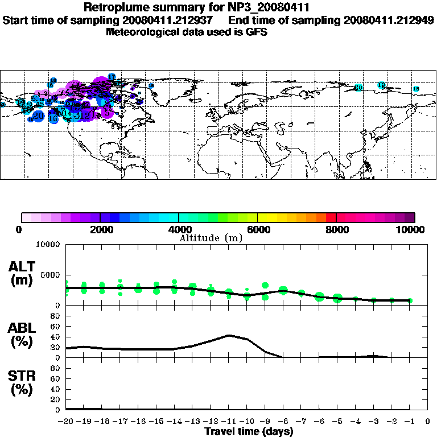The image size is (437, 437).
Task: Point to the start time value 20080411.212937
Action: click(x=174, y=20)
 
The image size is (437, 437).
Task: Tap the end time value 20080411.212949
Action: click(x=389, y=20)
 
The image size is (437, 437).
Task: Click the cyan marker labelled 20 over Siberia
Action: click(x=358, y=87)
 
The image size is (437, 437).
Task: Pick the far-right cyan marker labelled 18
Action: click(x=416, y=89)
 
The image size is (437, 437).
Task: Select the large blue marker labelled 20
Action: click(x=38, y=116)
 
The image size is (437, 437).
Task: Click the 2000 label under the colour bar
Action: click(x=100, y=230)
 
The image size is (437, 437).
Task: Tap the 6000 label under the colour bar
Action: click(x=258, y=230)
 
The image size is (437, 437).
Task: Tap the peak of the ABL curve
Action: click(x=229, y=335)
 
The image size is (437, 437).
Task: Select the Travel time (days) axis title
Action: click(x=249, y=431)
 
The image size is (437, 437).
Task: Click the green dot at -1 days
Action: click(x=410, y=300)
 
